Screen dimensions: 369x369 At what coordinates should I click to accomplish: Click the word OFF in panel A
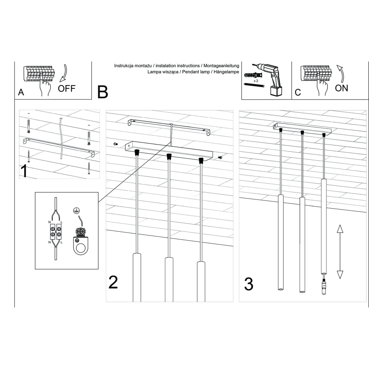pyautogui.click(x=67, y=88)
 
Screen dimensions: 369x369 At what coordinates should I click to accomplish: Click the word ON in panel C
pyautogui.click(x=341, y=88)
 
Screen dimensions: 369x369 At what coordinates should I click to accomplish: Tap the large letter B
pyautogui.click(x=103, y=92)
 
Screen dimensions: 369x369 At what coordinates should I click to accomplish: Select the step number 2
pyautogui.click(x=113, y=283)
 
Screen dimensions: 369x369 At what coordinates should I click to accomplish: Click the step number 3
pyautogui.click(x=249, y=284)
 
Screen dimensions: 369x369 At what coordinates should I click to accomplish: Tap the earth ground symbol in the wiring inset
pyautogui.click(x=77, y=210)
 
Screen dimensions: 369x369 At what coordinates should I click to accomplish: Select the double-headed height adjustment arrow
pyautogui.click(x=340, y=252)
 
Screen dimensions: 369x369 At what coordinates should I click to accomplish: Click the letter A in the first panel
pyautogui.click(x=21, y=92)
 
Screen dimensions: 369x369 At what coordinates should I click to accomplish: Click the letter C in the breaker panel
pyautogui.click(x=298, y=92)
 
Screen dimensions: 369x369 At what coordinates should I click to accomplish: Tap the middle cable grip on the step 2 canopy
pyautogui.click(x=169, y=156)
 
